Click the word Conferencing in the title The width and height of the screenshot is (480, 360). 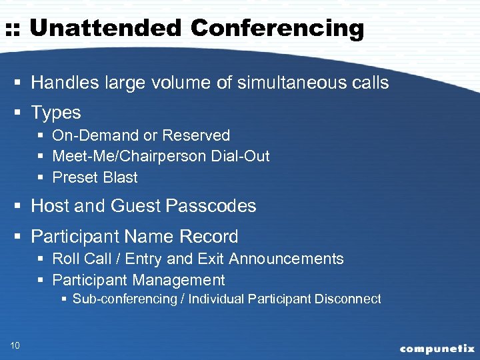tap(277, 29)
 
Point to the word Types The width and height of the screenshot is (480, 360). tap(56, 113)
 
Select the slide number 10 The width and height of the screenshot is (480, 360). tap(15, 345)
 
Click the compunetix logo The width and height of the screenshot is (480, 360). tap(437, 349)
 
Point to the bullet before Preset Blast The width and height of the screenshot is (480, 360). tap(41, 178)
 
